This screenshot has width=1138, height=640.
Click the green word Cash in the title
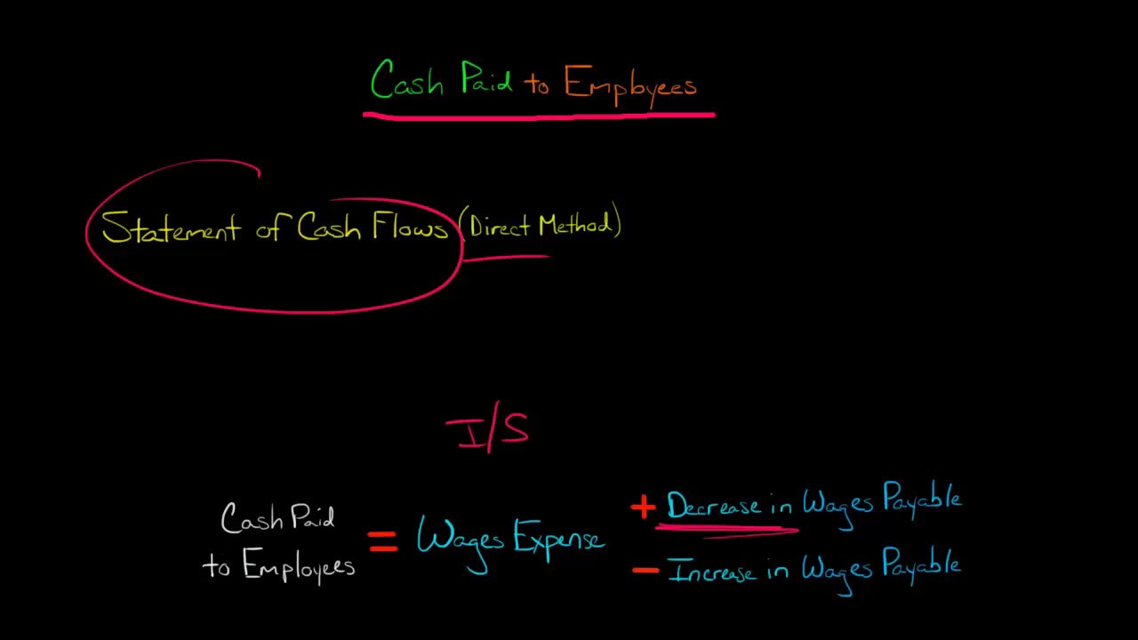point(406,82)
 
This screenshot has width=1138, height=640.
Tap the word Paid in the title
point(486,82)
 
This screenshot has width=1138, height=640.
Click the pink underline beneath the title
point(538,115)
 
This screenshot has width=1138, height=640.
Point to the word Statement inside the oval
point(171,228)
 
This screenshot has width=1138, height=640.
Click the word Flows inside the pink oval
point(409,227)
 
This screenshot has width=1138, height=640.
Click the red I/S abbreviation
point(488,430)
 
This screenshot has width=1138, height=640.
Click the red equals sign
point(383,541)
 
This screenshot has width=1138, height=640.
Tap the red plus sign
point(642,508)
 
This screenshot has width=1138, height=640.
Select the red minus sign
point(645,570)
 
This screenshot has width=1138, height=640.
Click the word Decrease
point(713,506)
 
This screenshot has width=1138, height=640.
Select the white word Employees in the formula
point(298,566)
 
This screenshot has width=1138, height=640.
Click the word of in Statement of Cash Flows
point(269,228)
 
